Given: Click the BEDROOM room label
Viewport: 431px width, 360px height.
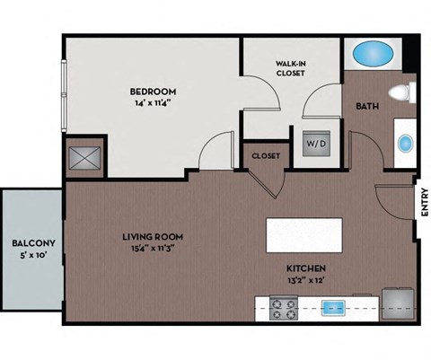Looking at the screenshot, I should coord(153,92).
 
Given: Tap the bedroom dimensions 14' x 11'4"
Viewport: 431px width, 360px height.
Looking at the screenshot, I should coord(153,103).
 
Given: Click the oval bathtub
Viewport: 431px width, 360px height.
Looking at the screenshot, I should coord(373,55).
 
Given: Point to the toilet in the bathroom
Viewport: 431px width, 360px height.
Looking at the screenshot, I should coord(401,92).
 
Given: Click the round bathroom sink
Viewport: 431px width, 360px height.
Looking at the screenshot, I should coord(404,143).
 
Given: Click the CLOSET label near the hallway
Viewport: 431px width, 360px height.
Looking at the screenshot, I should coord(266,156).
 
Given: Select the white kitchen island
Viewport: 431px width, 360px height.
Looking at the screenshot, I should coord(306,236).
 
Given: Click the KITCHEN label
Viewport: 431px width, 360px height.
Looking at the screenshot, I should coord(306,268).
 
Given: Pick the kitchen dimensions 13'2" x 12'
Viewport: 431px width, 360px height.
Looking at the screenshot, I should coord(306,280).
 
